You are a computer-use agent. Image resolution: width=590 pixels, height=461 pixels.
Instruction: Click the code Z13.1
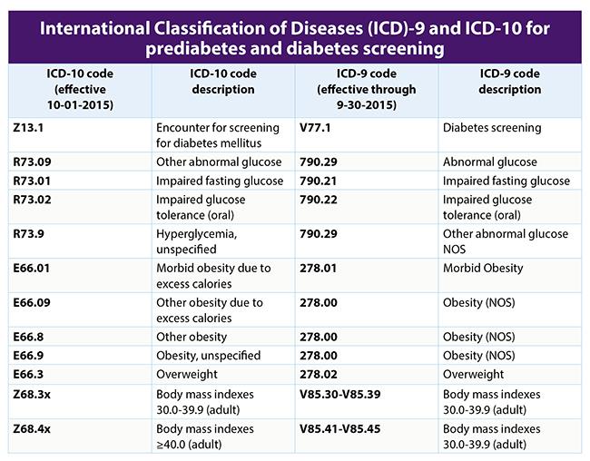pyautogui.click(x=30, y=128)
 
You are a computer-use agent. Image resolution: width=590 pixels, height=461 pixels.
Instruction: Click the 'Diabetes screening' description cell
pyautogui.click(x=490, y=128)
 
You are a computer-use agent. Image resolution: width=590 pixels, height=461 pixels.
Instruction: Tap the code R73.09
pyautogui.click(x=34, y=162)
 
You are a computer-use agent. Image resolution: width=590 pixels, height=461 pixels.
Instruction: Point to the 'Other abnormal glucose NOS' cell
pyautogui.click(x=505, y=240)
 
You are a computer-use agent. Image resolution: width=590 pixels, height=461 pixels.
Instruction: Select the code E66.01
pyautogui.click(x=34, y=268)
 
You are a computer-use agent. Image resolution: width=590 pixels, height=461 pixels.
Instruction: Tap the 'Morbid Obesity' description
pyautogui.click(x=483, y=268)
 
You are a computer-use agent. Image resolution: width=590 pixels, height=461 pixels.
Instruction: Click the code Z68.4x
pyautogui.click(x=34, y=427)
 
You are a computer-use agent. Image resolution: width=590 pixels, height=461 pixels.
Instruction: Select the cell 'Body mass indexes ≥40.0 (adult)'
pyautogui.click(x=211, y=436)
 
